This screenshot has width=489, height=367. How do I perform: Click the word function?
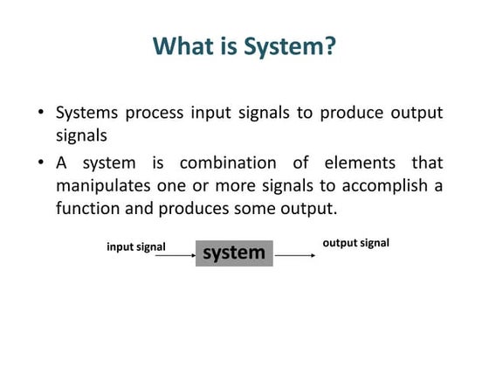click(x=87, y=210)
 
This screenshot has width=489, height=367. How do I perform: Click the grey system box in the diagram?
click(x=234, y=253)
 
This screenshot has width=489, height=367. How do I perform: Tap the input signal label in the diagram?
click(x=136, y=246)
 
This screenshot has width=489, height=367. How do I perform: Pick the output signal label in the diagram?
click(x=356, y=242)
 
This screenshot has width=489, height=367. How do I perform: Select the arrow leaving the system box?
click(x=295, y=255)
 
